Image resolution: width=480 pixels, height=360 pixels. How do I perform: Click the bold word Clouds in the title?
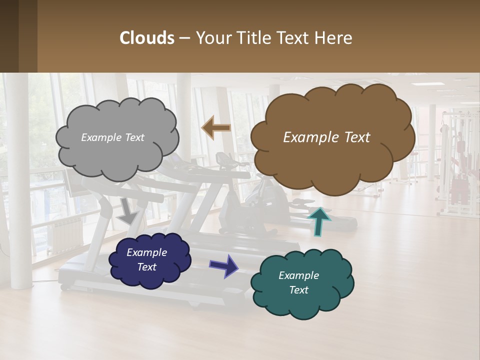(146, 38)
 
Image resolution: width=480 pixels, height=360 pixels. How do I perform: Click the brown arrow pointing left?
(216, 128)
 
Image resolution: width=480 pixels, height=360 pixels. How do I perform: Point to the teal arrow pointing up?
(319, 220)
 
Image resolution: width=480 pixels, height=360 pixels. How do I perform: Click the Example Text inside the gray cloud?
(112, 137)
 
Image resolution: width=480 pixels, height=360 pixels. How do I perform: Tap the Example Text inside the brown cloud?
(326, 137)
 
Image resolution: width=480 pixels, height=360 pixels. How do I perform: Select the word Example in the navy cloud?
(146, 252)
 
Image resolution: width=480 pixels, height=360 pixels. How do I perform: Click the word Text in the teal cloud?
(298, 290)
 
